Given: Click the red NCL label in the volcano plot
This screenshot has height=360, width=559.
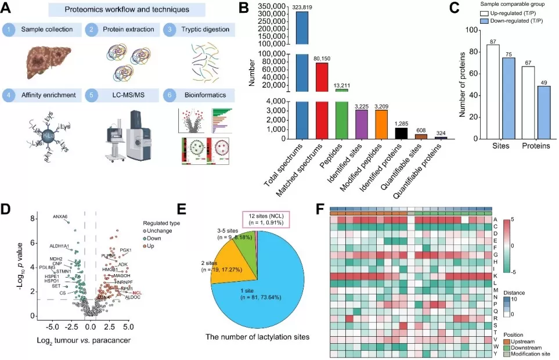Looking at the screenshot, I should pyautogui.click(x=138, y=293).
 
